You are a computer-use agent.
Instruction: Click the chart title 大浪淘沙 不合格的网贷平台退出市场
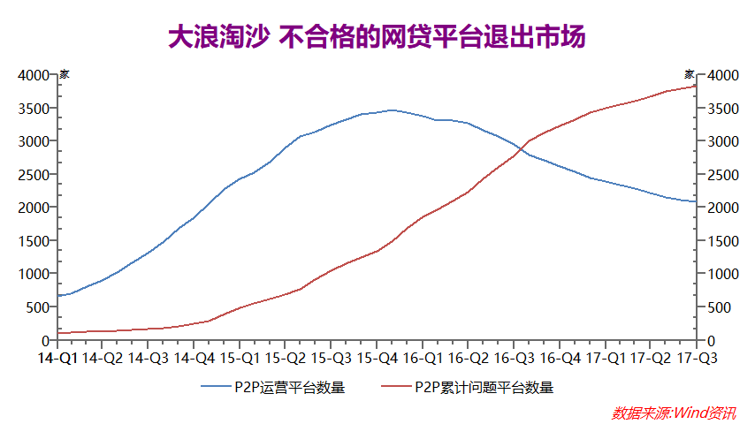[377, 38]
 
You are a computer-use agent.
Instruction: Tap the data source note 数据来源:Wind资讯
[673, 413]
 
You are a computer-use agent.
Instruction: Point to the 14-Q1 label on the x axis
[57, 358]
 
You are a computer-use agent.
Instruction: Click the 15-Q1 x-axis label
[239, 358]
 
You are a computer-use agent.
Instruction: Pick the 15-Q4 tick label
[376, 358]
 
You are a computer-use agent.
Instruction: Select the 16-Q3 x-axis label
[513, 358]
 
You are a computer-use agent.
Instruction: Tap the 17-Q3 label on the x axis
[696, 358]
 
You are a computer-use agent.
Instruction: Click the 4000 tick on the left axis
[33, 75]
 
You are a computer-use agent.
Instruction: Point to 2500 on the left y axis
[33, 174]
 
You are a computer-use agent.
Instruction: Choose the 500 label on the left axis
[37, 307]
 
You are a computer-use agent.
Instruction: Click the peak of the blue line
[393, 110]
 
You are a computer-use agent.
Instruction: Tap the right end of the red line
[696, 85]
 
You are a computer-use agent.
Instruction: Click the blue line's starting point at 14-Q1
[58, 296]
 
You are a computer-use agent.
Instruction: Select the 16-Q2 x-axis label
[468, 358]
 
